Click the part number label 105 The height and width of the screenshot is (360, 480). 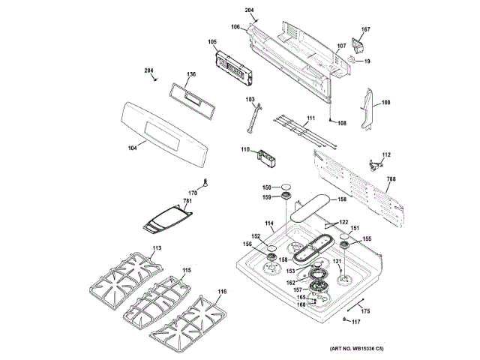coord(212,42)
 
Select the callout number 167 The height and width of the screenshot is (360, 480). coord(365,30)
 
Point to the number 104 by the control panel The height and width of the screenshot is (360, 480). coord(133,147)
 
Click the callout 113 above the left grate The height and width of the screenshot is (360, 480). coord(157,248)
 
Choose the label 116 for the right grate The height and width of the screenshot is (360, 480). coord(222,291)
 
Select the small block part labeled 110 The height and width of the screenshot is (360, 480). coord(267,158)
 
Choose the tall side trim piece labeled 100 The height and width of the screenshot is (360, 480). coord(368,109)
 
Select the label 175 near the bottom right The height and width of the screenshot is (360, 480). coord(366,310)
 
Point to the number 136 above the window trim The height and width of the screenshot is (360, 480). coord(191,74)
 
